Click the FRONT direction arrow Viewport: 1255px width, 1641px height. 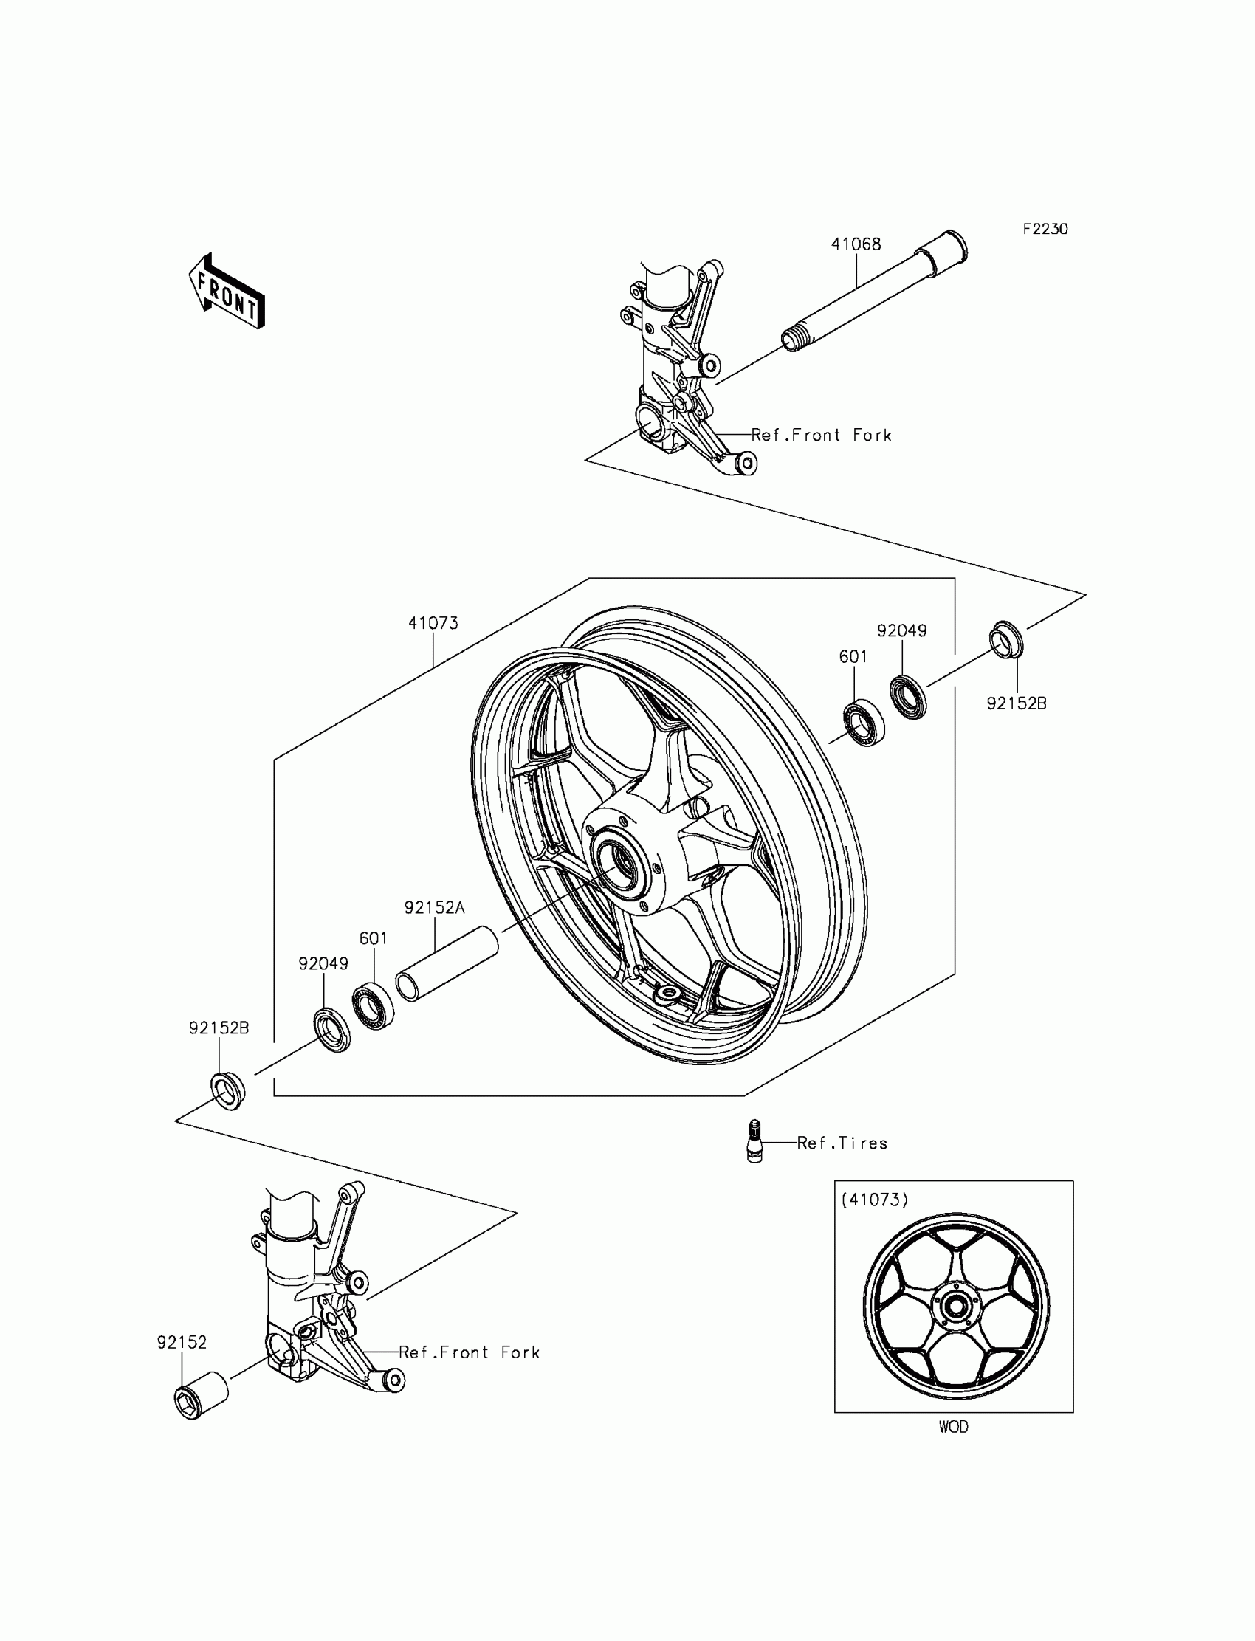227,292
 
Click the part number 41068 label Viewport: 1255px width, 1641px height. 856,244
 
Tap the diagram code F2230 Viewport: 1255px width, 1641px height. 1045,230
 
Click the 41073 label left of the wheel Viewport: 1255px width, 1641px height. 433,623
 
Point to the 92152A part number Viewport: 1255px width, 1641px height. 434,907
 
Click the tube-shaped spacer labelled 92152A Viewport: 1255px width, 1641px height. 447,963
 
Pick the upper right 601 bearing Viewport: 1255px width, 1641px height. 864,723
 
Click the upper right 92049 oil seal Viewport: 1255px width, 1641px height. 908,696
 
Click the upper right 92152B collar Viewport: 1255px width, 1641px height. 1006,639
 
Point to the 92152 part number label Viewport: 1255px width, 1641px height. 182,1342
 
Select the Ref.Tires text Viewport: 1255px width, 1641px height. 842,1143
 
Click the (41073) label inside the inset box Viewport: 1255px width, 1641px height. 875,1200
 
